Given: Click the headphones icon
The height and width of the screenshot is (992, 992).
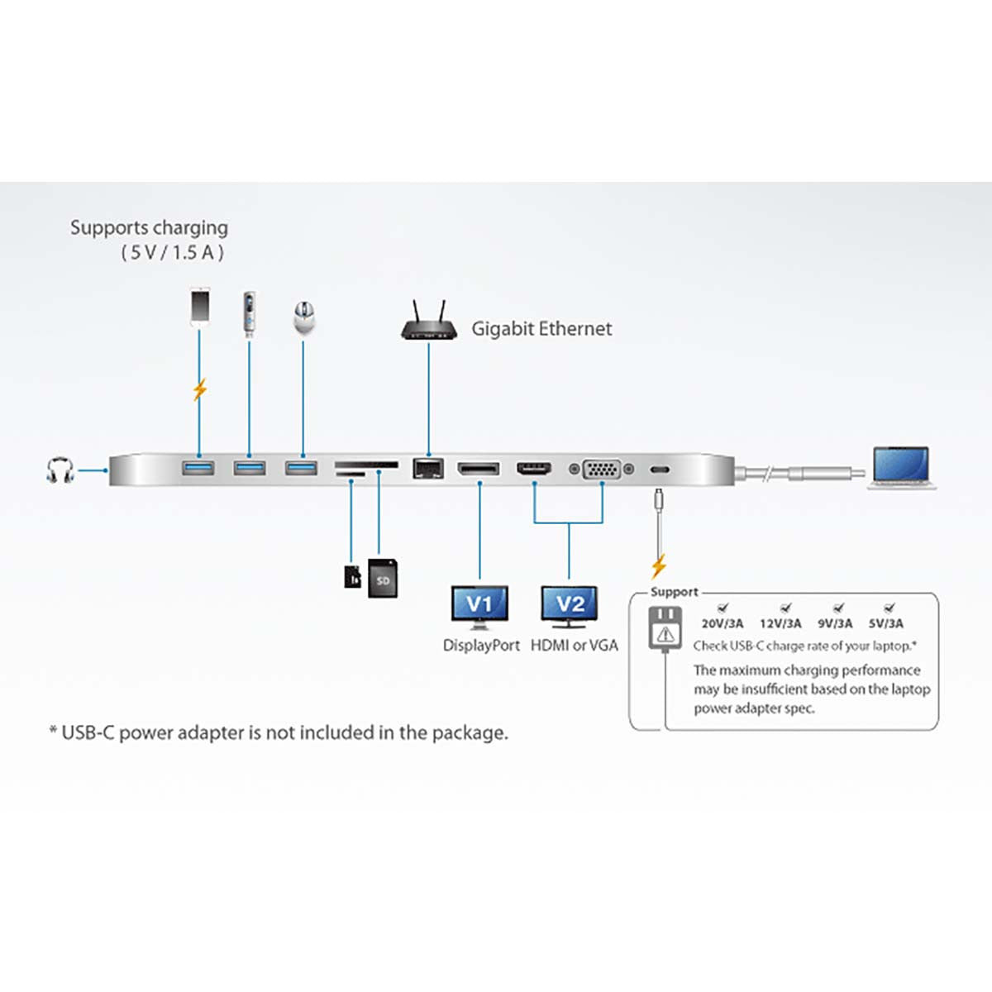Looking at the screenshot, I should (60, 470).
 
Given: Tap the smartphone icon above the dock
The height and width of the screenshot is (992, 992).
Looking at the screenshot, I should (199, 306).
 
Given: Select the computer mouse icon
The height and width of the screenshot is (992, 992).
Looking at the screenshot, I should (303, 317).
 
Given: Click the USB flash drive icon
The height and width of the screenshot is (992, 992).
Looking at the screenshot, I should (249, 313).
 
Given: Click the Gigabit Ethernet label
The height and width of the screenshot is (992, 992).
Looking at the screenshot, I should (541, 329).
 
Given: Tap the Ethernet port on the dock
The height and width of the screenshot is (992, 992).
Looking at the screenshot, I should (427, 469).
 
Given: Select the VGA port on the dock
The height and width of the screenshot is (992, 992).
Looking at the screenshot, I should (601, 470).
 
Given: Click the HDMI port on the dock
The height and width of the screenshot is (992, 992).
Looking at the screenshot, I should (534, 469).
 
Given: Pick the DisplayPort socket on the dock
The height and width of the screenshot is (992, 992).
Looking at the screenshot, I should (479, 470).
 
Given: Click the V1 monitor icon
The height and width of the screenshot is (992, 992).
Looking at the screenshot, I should (479, 606).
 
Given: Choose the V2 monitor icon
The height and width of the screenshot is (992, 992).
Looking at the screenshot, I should (570, 606).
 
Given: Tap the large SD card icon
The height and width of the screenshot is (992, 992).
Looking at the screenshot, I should (383, 578).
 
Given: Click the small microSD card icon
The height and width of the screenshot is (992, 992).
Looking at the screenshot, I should (352, 576).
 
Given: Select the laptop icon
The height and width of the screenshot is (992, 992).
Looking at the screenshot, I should (901, 467).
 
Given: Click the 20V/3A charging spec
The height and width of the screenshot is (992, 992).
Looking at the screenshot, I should (722, 623).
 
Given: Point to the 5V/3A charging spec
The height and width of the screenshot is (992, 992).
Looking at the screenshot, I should (885, 623).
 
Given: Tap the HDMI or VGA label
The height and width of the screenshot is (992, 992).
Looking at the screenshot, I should (574, 646).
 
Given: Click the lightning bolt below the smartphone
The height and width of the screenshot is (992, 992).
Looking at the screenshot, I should (199, 389).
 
